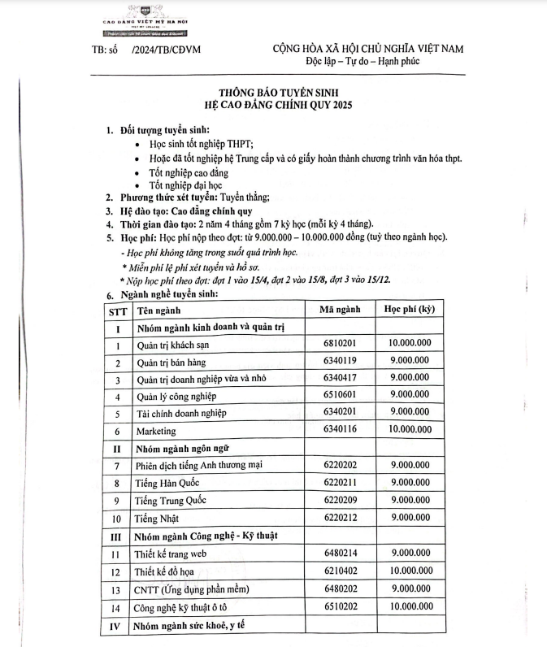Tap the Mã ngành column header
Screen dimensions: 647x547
click(x=341, y=310)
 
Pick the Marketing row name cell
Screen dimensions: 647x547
click(x=156, y=430)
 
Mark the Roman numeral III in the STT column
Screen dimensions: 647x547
click(x=116, y=536)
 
